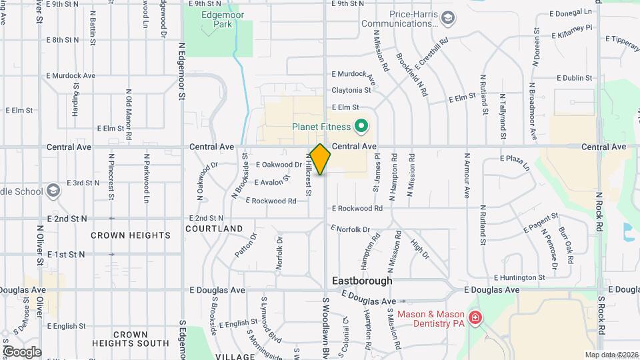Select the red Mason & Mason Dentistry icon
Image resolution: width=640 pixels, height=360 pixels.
coord(475,318)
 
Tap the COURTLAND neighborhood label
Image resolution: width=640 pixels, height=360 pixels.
coord(214,229)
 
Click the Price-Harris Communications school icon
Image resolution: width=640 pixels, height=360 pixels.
coord(448,18)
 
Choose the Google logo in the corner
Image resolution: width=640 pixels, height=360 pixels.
coord(21,351)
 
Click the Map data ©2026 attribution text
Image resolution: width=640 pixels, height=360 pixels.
coord(611,355)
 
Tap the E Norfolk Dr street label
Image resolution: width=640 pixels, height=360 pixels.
coord(349,229)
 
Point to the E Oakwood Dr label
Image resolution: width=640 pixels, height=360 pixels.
coord(279,165)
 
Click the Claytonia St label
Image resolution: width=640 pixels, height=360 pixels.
coord(351,90)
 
